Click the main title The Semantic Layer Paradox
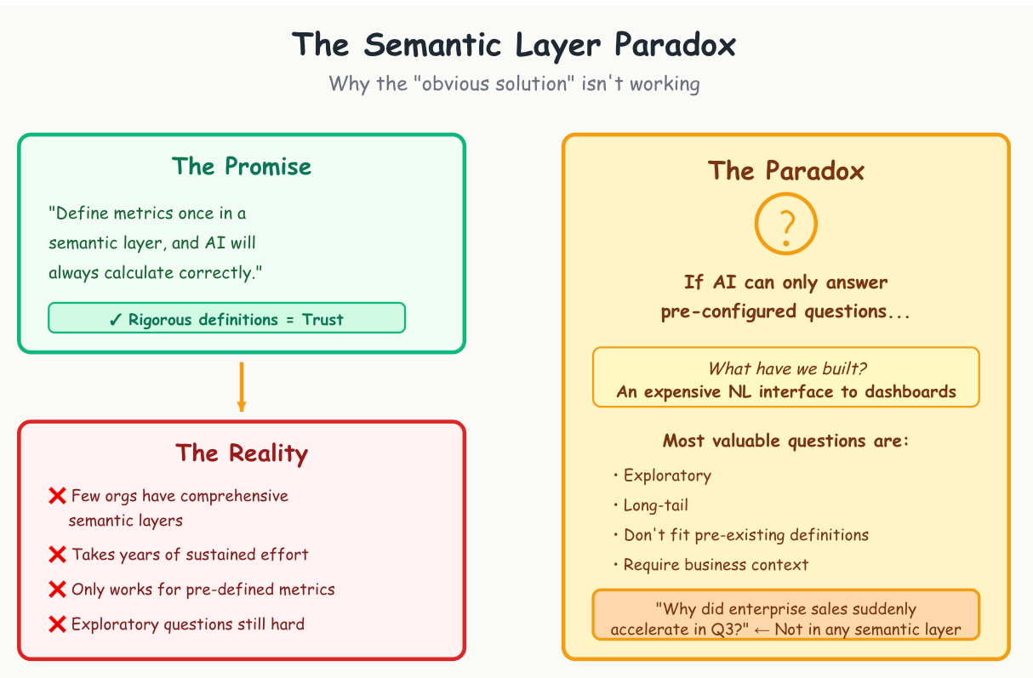[514, 44]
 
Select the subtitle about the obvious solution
[514, 84]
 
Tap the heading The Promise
[242, 166]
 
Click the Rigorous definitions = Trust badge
[226, 319]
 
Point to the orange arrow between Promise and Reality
[242, 386]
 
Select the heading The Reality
[242, 453]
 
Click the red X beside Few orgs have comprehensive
[58, 496]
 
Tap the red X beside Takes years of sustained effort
[58, 555]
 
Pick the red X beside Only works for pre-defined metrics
[58, 590]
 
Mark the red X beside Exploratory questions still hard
[58, 624]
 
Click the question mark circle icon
[786, 224]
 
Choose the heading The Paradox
[786, 171]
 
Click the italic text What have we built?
[786, 369]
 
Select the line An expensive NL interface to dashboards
[786, 392]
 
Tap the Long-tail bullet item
[655, 505]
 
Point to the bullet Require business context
[715, 565]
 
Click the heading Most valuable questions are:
[786, 441]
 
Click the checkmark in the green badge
[117, 320]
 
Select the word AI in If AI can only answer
[724, 282]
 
